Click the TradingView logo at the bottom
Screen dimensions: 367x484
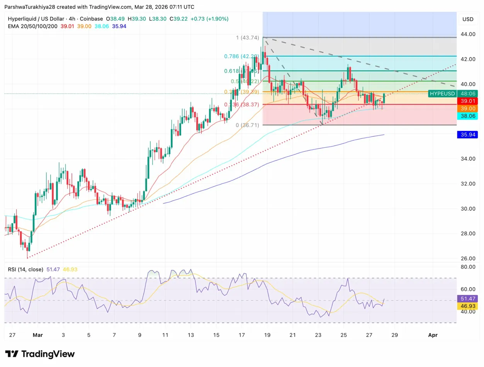[x=40, y=354]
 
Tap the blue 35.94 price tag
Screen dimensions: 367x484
[x=467, y=135]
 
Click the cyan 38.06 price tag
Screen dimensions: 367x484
[x=467, y=116]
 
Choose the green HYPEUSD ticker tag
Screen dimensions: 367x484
[x=442, y=93]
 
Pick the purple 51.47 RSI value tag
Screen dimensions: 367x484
[x=467, y=298]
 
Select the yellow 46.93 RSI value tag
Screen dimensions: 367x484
[x=467, y=306]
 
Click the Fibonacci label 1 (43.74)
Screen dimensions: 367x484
[x=247, y=37]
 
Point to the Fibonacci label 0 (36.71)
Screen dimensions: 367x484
[x=247, y=125]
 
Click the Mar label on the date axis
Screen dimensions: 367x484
[x=37, y=335]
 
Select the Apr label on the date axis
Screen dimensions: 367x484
[x=432, y=335]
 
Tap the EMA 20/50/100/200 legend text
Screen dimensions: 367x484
[x=33, y=26]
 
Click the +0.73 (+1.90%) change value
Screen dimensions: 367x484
[x=211, y=19]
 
